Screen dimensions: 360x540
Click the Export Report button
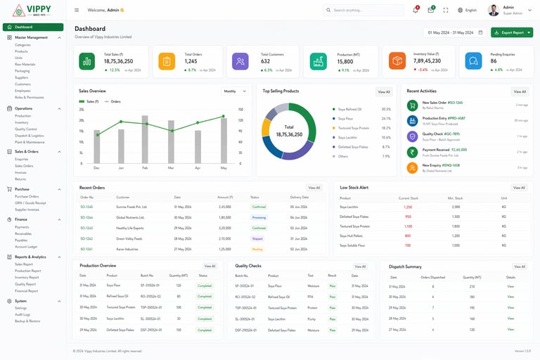511,32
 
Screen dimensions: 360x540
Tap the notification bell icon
416,10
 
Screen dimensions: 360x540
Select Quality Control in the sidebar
27,129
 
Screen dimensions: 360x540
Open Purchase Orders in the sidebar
27,196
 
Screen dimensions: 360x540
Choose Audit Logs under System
23,314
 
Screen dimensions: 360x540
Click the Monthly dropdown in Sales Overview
235,91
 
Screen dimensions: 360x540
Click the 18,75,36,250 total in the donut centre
289,134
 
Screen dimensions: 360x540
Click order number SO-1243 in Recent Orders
86,228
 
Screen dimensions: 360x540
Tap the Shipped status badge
257,238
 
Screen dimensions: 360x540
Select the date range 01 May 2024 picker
454,32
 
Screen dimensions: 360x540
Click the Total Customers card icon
240,61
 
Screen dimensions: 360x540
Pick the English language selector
467,10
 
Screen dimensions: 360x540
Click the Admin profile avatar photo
494,10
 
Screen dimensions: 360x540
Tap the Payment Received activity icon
412,152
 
